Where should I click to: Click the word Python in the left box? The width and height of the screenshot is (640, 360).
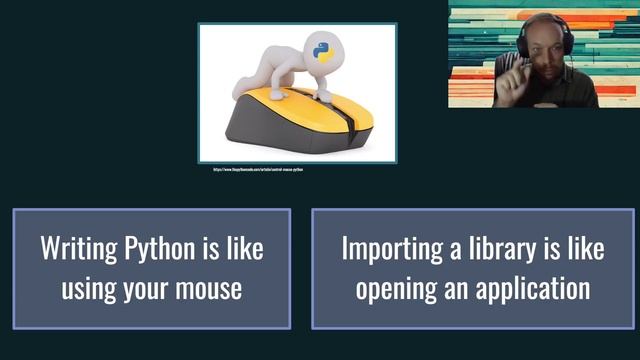(x=155, y=248)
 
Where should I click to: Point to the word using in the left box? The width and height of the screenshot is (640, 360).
(x=92, y=289)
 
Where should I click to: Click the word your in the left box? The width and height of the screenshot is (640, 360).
(x=149, y=289)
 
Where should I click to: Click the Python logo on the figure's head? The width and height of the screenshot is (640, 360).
(x=322, y=52)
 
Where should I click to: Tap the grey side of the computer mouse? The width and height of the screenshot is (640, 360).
(x=270, y=130)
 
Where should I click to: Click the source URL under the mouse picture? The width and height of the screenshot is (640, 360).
(x=258, y=169)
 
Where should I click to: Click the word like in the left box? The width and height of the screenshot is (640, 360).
(x=244, y=248)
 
